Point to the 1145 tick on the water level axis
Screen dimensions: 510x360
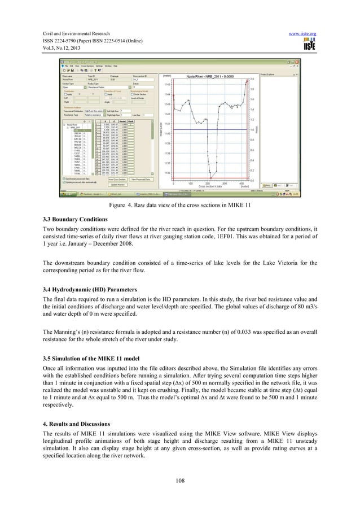pos(167,83)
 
